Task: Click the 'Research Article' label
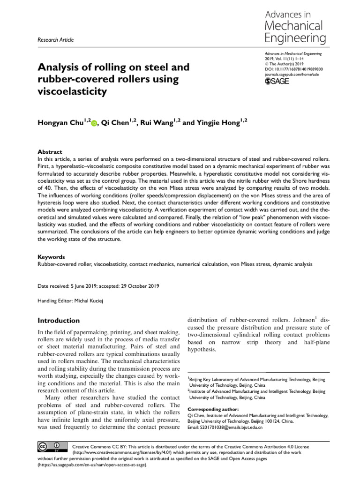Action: tap(55, 40)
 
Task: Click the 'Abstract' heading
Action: tap(50, 152)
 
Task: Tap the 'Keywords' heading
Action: tap(51, 257)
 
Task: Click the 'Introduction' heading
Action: tap(59, 321)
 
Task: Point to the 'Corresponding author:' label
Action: tap(211, 409)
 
